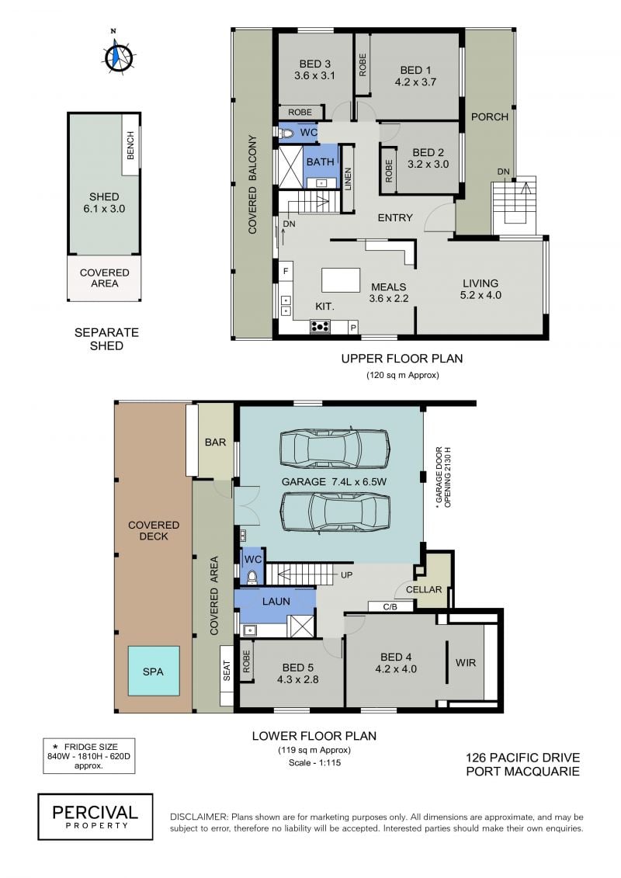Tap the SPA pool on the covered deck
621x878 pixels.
[x=154, y=671]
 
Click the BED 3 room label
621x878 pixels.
[x=314, y=70]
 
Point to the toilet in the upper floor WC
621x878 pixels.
[x=287, y=133]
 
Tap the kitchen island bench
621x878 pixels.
[x=341, y=279]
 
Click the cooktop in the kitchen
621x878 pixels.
[x=320, y=326]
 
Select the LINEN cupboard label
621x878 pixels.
[x=348, y=179]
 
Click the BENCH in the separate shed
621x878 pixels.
[x=130, y=145]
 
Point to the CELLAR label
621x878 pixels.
[x=424, y=590]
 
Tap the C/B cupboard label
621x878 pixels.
[x=390, y=606]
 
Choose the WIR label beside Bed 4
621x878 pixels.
[x=465, y=662]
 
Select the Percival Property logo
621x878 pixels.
[x=95, y=817]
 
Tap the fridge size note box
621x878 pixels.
[x=89, y=756]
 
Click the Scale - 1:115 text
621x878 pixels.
[x=314, y=762]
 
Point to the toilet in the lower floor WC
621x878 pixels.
[x=252, y=576]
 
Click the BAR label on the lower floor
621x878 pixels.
[x=215, y=442]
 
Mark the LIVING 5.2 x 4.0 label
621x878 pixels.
[x=480, y=289]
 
